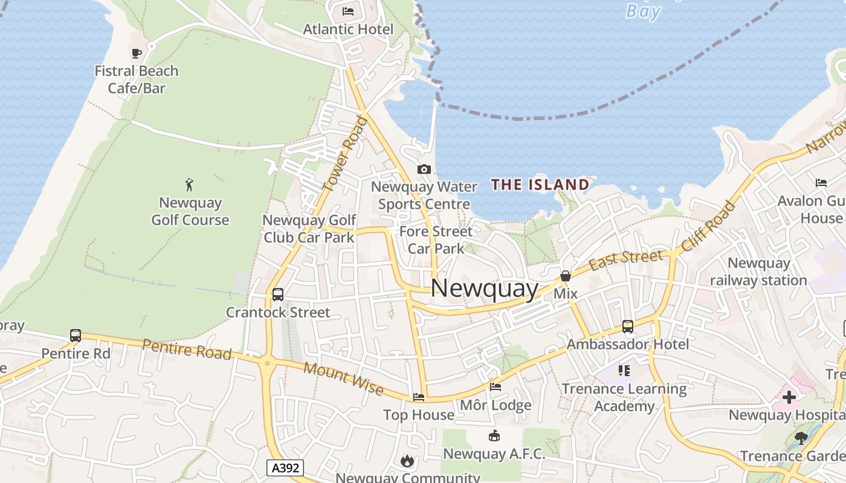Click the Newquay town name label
coord(484,289)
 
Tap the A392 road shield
coord(285,467)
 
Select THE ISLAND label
coord(540,185)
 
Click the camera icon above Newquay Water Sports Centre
coord(424,170)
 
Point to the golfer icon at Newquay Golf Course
coord(190,184)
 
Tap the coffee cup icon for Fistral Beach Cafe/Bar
coord(137,53)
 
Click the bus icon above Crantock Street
coord(278,295)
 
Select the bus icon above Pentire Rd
coord(76,335)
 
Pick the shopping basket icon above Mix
coord(566,276)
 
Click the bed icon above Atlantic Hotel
coord(348,11)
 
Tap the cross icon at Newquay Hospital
coord(789,397)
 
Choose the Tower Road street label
coord(345,155)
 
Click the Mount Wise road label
coord(343,379)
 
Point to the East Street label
coord(625,260)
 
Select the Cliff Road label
coord(709,226)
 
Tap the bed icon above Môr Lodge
coord(496,387)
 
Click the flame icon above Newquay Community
coord(407,461)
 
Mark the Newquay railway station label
coord(758,272)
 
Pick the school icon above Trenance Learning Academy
coord(624,370)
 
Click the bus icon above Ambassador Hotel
coord(628,327)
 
